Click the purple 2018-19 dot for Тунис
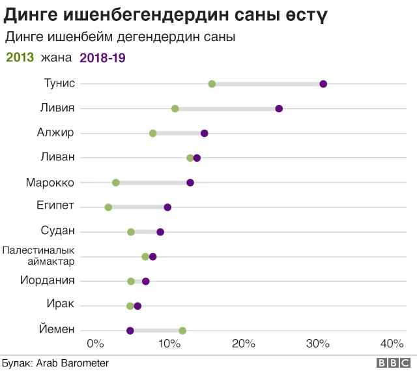click(323, 83)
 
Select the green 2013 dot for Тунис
click(212, 83)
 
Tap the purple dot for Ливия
click(279, 108)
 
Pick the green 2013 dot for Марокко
click(116, 183)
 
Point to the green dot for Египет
click(108, 207)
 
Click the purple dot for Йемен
click(130, 331)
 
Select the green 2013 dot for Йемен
click(182, 331)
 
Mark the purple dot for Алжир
click(205, 133)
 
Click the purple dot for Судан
click(160, 232)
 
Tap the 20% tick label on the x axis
click(244, 344)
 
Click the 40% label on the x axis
click(392, 344)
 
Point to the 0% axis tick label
click(95, 344)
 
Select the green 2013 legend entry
click(20, 57)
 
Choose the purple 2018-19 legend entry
click(102, 57)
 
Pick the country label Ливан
click(58, 157)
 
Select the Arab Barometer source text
click(72, 363)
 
